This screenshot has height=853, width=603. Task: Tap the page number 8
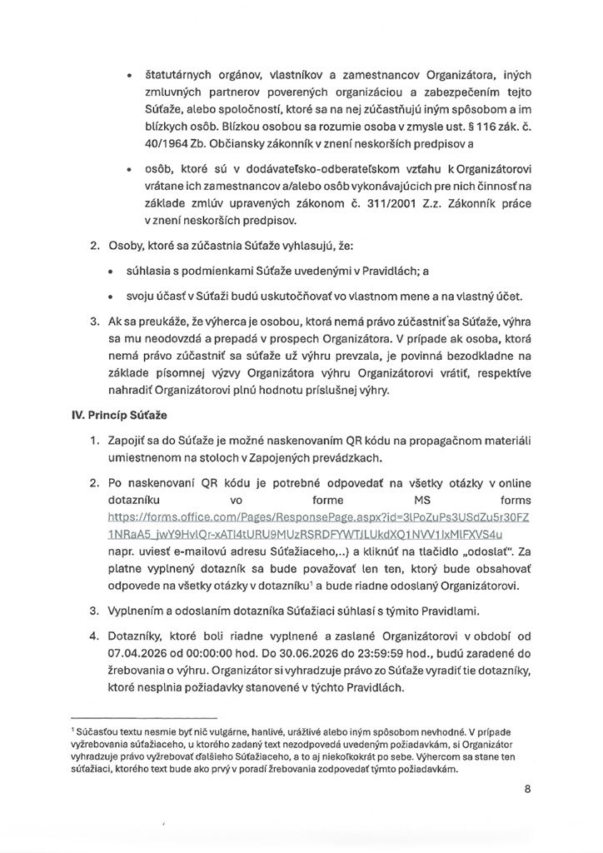point(527,791)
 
